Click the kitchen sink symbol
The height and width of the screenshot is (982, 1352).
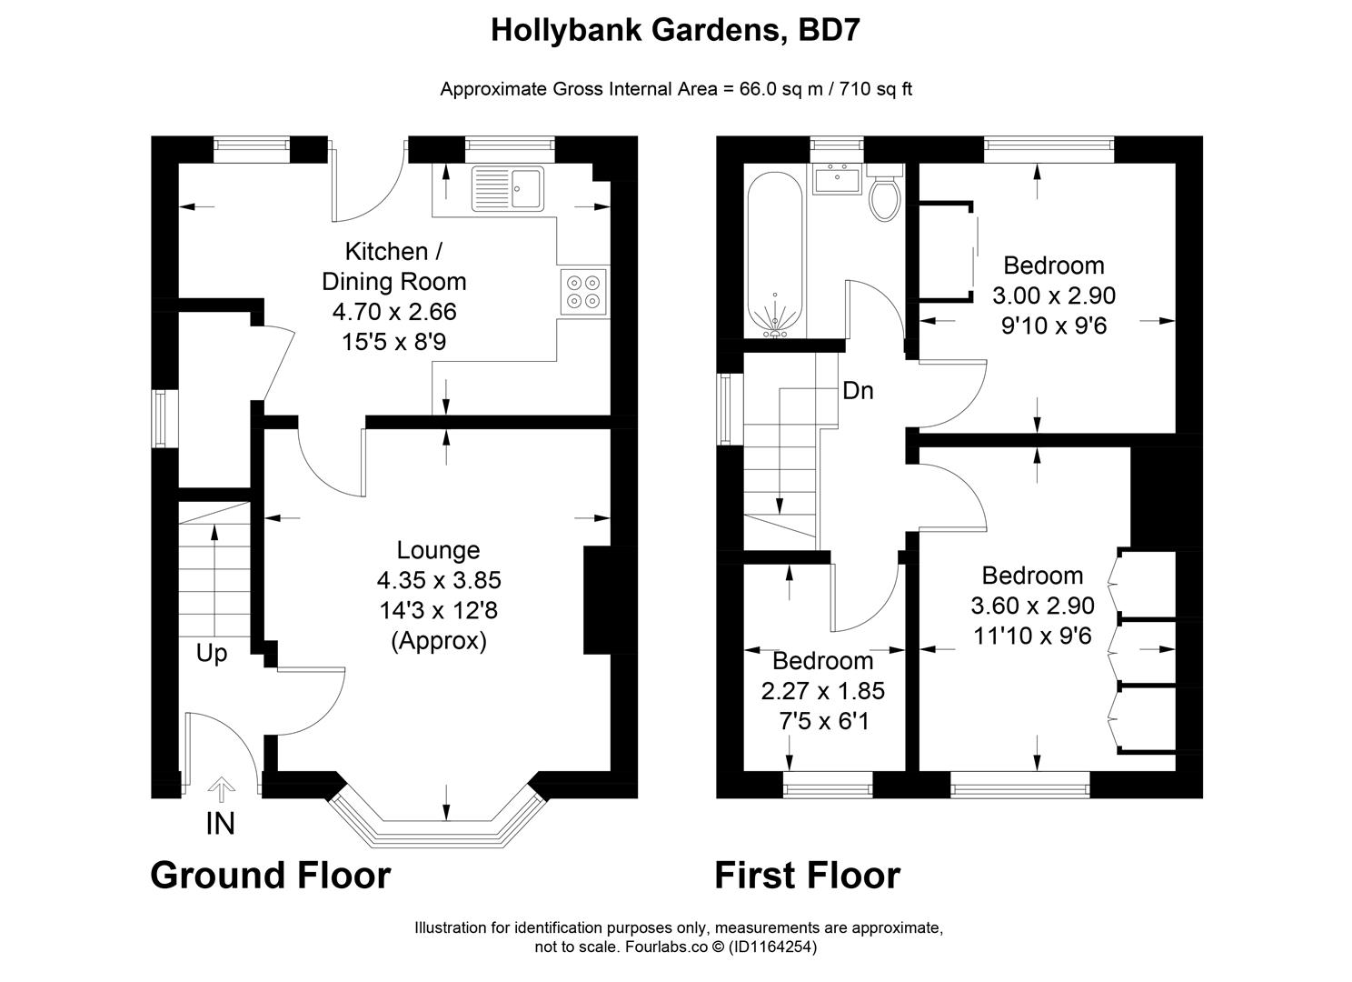[x=507, y=188]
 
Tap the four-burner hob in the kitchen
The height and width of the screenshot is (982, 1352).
[x=583, y=291]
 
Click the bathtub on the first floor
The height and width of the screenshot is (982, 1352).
[x=774, y=255]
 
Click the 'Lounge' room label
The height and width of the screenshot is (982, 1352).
[x=438, y=550]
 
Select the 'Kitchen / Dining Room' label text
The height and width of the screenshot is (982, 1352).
[x=394, y=266]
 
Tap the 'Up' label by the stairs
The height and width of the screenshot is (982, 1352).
[x=212, y=654]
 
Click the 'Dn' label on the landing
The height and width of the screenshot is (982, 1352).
[x=858, y=391]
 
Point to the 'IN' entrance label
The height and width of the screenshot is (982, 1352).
[x=221, y=824]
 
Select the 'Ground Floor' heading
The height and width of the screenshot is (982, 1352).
[x=270, y=875]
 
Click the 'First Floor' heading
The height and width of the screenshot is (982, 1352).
[x=807, y=875]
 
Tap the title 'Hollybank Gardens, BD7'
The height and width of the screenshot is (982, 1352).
[x=675, y=30]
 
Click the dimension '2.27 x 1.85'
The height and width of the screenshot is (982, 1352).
[x=822, y=691]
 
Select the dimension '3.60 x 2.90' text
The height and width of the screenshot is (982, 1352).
[x=1032, y=606]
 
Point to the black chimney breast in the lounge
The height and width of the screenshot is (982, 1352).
[x=597, y=600]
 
